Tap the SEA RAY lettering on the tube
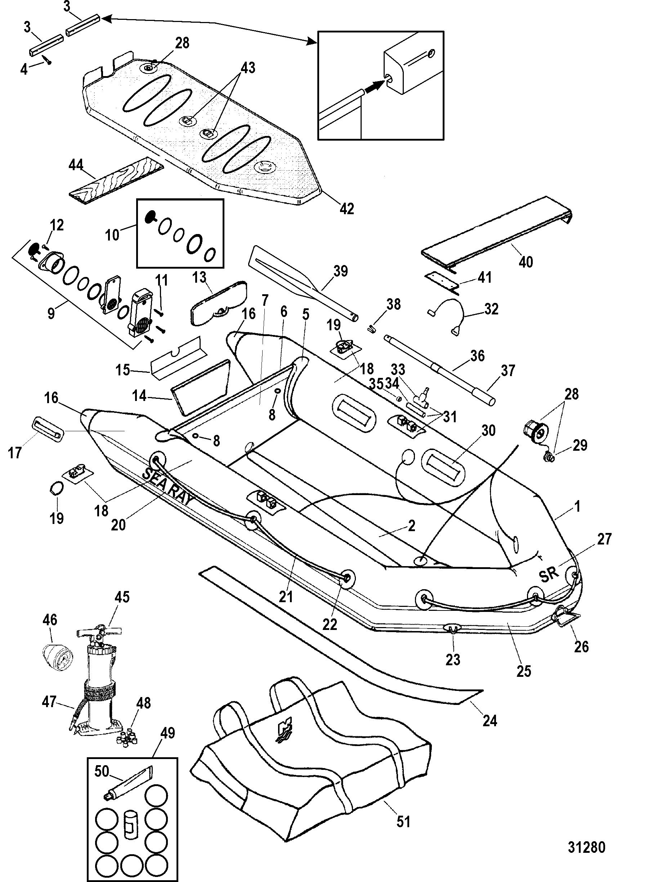[167, 486]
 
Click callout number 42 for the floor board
[347, 208]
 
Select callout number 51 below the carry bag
[403, 821]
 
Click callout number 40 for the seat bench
[526, 262]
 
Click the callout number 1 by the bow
[577, 506]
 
